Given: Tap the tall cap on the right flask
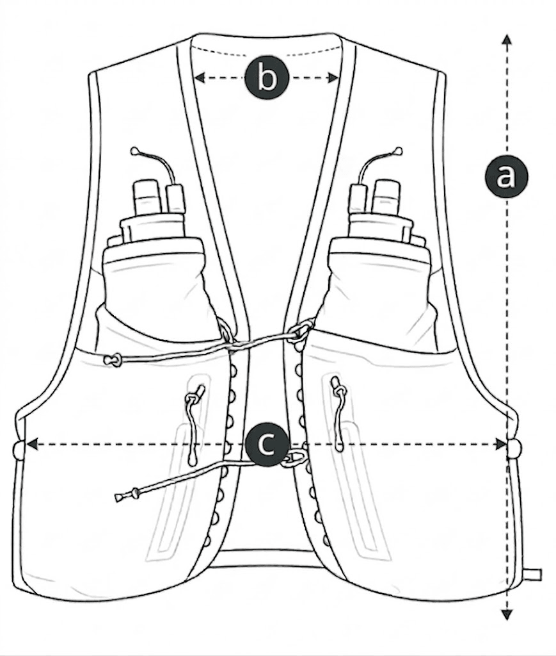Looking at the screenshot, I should point(386,196).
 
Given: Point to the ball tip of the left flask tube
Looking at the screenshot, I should point(134,151).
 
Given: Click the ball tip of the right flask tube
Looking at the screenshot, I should point(399,151).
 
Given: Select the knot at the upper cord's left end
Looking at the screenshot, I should point(113,361).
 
